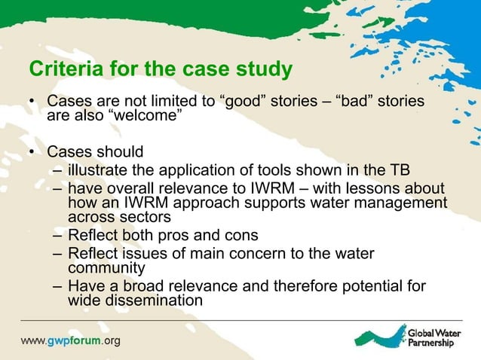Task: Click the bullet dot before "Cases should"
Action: tap(32, 151)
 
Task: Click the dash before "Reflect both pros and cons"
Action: tap(58, 235)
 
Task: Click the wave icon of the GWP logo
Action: tap(380, 337)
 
